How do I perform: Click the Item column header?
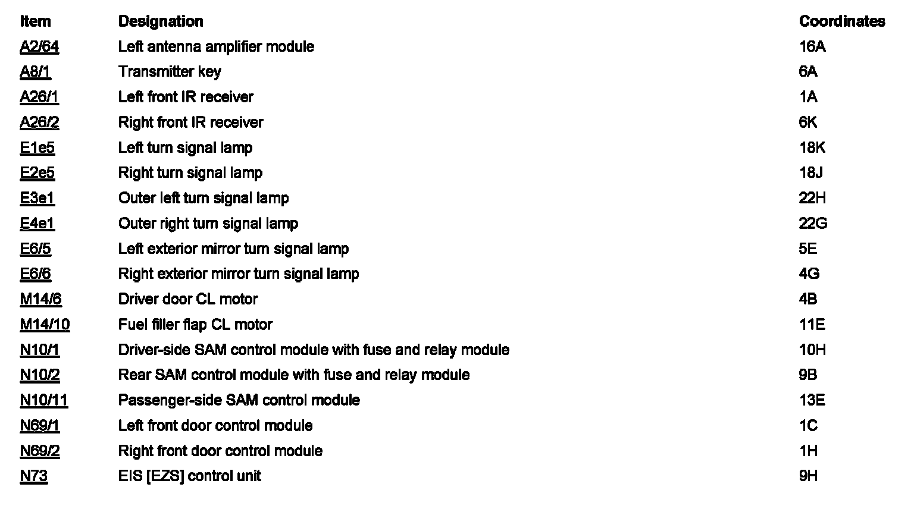click(x=35, y=21)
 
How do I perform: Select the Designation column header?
click(x=161, y=21)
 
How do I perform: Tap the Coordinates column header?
click(x=841, y=21)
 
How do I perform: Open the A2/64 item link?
click(x=39, y=46)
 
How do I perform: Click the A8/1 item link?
click(x=35, y=72)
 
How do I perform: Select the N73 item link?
click(x=33, y=476)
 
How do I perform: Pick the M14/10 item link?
click(x=45, y=325)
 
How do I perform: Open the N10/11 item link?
click(x=44, y=400)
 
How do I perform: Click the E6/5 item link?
click(x=35, y=249)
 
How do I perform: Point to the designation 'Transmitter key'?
click(x=170, y=72)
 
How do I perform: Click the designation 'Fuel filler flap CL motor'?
click(x=195, y=325)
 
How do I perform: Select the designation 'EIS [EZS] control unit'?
click(x=189, y=476)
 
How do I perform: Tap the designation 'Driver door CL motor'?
click(x=188, y=299)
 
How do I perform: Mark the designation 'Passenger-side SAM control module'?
click(x=239, y=400)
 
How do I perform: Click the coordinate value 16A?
click(x=812, y=46)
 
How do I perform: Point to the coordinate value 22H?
click(x=812, y=198)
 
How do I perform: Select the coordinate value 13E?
click(x=812, y=400)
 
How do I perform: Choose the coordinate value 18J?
click(x=810, y=173)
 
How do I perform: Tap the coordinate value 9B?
click(x=807, y=375)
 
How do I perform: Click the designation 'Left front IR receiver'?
click(x=186, y=97)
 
